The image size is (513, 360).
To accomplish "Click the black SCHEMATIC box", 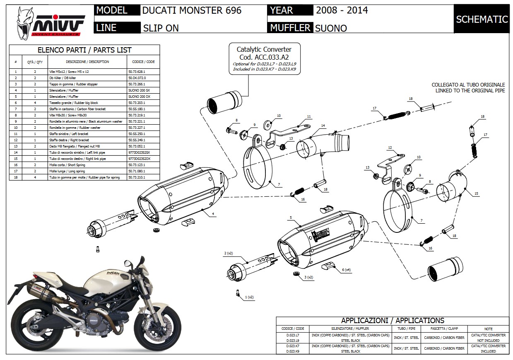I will coord(482,19).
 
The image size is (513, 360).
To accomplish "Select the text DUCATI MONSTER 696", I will coord(192,10).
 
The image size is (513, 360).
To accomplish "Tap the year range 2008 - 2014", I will coord(342,10).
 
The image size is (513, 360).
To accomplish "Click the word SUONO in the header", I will coord(331,28).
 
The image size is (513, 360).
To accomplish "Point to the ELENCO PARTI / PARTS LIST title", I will coord(84,50).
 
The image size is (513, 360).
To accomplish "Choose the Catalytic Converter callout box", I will coord(264,59).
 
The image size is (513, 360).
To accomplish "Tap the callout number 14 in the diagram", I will coord(323,126).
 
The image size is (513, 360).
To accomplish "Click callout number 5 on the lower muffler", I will coord(291,217).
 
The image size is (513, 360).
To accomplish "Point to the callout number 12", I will coord(390,147).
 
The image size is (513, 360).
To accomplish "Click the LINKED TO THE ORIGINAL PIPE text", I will coord(470,91).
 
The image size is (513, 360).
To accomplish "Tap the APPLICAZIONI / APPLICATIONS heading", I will coord(393,320).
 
